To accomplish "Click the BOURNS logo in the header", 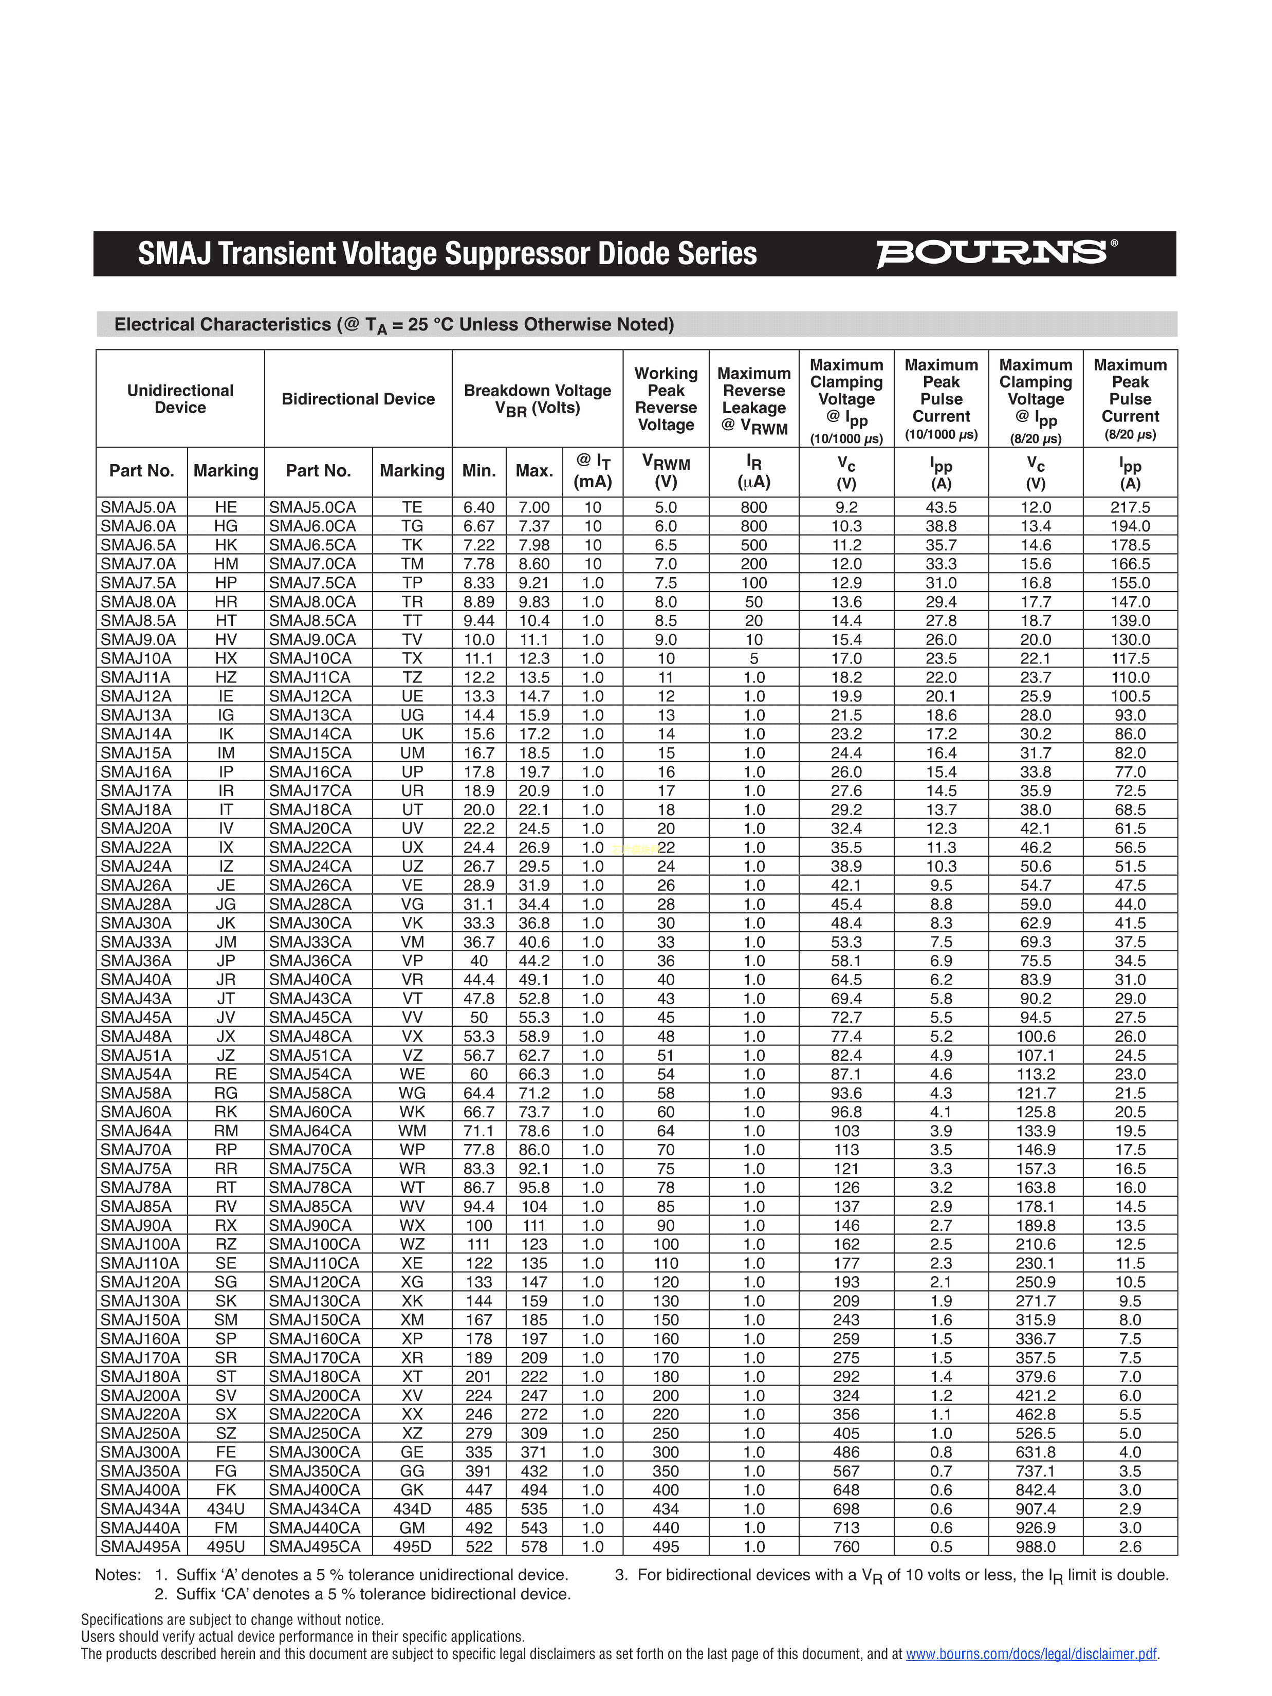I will tap(995, 253).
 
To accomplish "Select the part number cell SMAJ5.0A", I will tap(138, 507).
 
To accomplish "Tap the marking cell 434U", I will tap(226, 1508).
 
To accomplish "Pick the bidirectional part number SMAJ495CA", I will tap(315, 1546).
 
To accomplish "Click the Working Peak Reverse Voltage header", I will tap(666, 399).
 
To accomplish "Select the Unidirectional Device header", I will tap(180, 399).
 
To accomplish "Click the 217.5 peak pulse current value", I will tap(1130, 507).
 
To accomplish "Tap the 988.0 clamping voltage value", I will tap(1035, 1546).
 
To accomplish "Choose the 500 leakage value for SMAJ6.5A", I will tap(754, 544).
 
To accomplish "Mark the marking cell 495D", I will tap(412, 1546).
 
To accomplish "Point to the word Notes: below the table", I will tap(118, 1575).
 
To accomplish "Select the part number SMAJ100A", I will tap(140, 1244).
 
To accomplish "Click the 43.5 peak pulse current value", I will tap(941, 507).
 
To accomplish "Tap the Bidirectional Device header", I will tap(358, 399).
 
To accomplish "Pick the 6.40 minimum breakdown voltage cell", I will tap(478, 507).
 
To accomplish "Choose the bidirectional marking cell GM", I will tap(412, 1527).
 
